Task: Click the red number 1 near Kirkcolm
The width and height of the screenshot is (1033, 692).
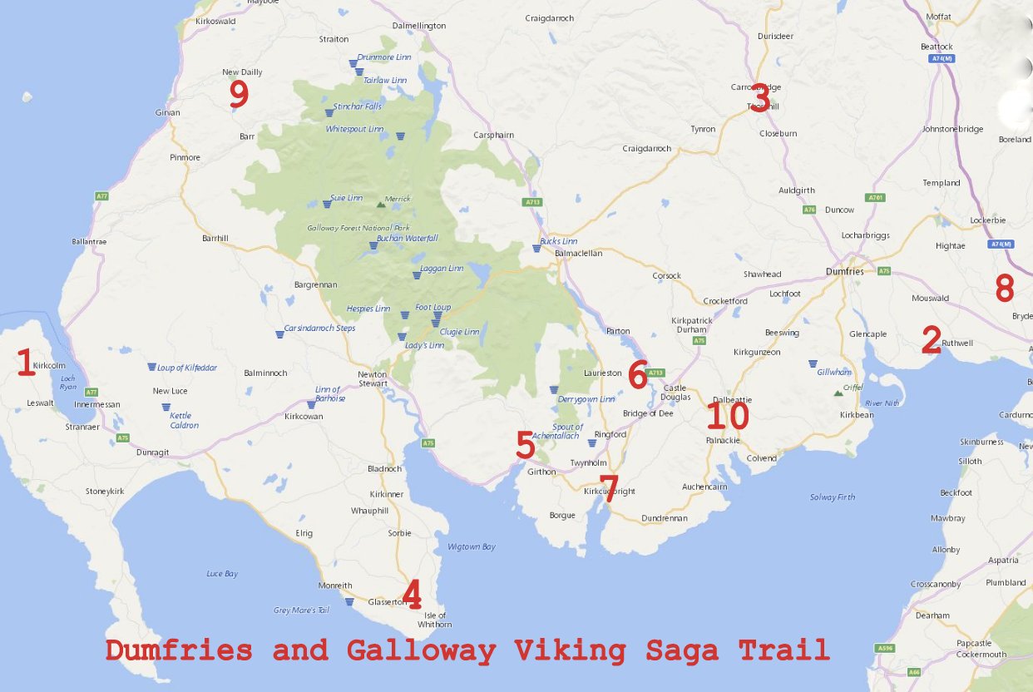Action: (26, 363)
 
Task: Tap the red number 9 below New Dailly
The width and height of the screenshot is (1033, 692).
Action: (239, 95)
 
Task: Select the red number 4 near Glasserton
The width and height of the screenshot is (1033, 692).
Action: (411, 595)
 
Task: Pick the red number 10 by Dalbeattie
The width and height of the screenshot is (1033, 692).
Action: (727, 417)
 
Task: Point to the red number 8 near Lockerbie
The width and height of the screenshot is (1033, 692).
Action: (1005, 289)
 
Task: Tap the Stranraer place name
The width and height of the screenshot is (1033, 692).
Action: (82, 428)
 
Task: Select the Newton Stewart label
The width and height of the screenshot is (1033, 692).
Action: (373, 378)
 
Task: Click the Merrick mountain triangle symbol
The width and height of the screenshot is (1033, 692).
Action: (381, 203)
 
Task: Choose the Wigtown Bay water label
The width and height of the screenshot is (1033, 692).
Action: (471, 546)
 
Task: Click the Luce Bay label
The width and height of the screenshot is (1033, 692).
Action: (222, 573)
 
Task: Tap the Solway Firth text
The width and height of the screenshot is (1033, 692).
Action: (832, 497)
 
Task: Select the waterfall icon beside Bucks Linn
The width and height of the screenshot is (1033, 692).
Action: (536, 248)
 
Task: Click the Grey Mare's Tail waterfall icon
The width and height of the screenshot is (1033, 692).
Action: (349, 601)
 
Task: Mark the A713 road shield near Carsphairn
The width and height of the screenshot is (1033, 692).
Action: (532, 202)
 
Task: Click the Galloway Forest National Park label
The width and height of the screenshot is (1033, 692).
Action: (358, 228)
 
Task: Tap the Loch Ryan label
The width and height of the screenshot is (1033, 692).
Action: (67, 383)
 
